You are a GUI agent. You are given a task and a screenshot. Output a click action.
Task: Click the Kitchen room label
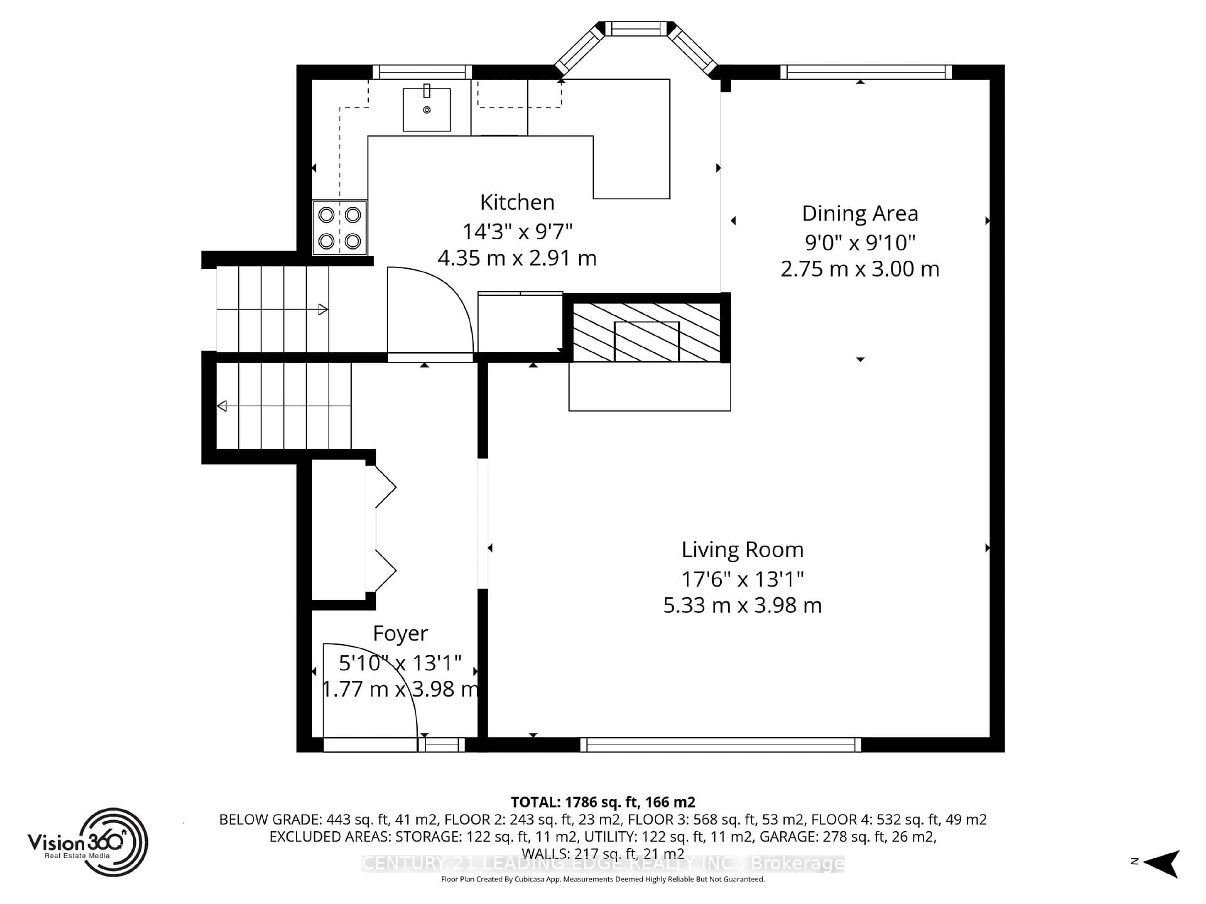[x=517, y=203]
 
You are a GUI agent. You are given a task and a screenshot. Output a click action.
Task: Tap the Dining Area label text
[x=860, y=214]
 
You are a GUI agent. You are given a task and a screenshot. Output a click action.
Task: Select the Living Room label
[x=742, y=550]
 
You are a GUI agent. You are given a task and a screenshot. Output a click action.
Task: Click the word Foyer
[x=400, y=633]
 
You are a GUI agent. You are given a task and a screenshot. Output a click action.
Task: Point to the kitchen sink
[x=426, y=110]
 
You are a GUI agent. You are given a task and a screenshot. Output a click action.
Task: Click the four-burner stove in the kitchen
[x=339, y=228]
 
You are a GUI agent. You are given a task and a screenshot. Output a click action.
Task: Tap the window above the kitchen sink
[x=422, y=72]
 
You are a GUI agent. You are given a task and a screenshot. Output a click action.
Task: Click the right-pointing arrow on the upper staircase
[x=323, y=309]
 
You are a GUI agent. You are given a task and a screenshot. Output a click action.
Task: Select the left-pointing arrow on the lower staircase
[x=222, y=406]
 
